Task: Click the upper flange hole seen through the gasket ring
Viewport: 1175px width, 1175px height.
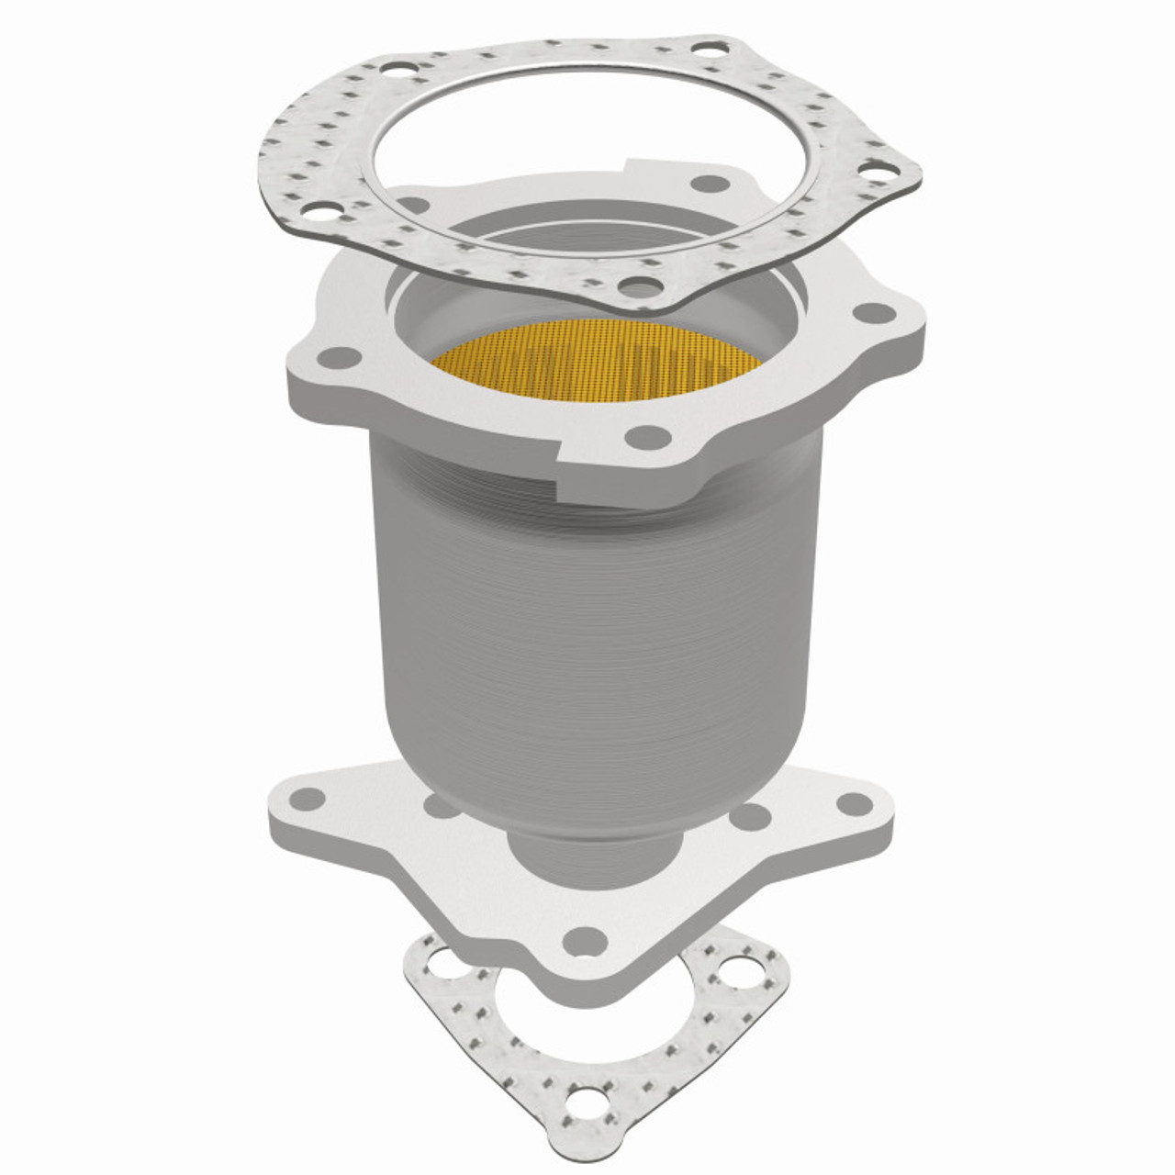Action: click(705, 184)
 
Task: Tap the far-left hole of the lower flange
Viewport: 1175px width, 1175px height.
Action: click(310, 796)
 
